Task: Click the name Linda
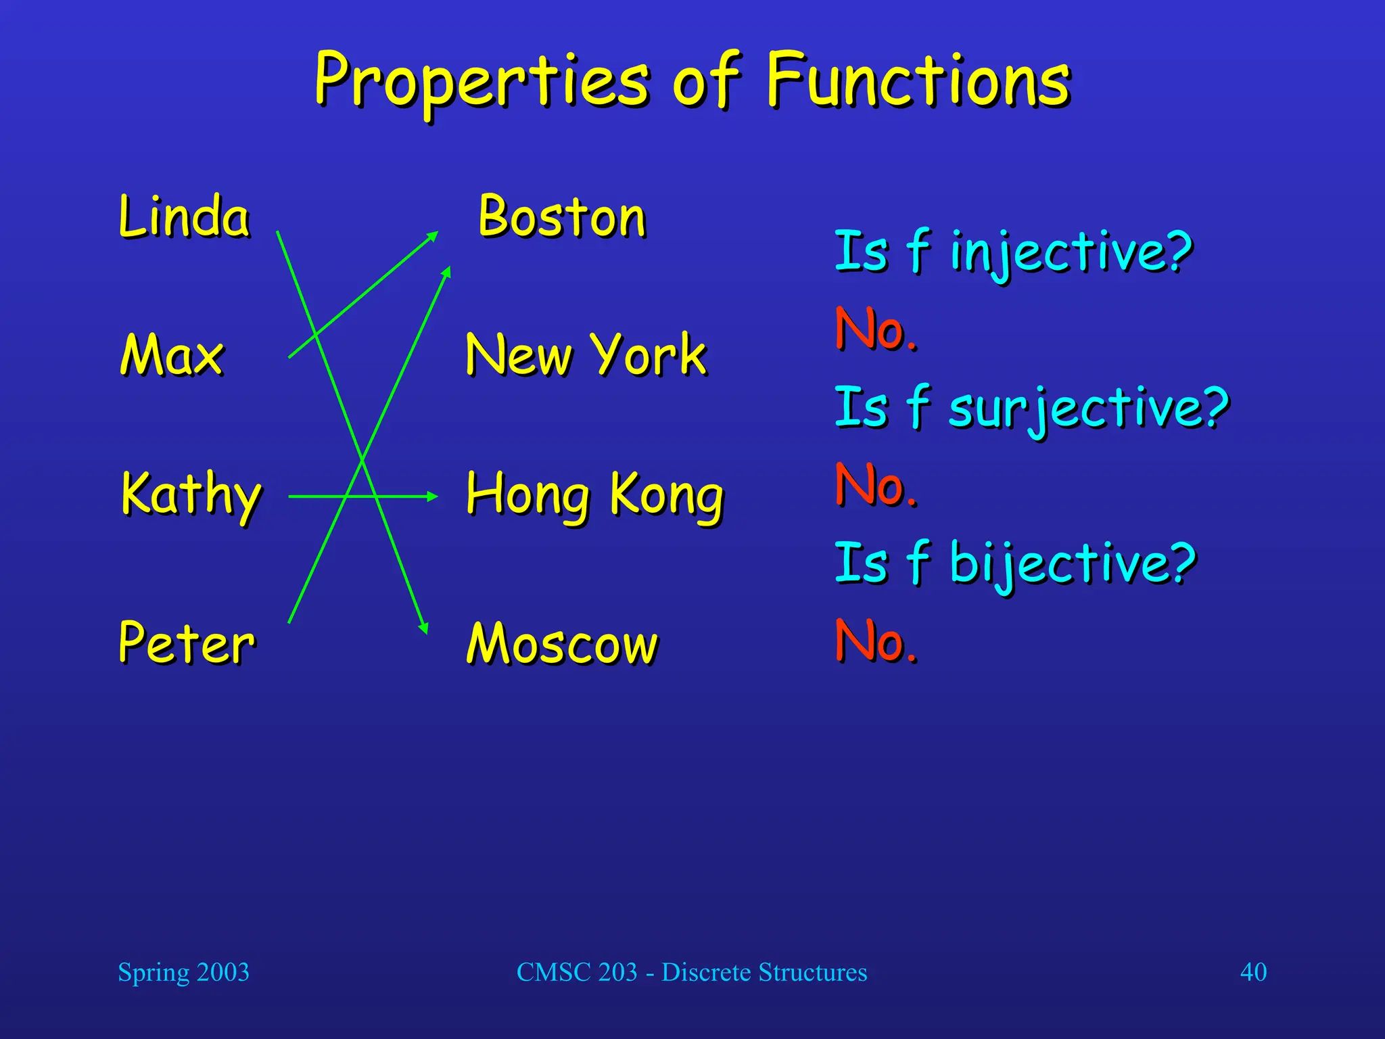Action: click(184, 216)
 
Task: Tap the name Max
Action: click(172, 354)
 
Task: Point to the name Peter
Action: click(187, 642)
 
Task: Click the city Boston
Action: click(562, 216)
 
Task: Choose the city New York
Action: click(586, 354)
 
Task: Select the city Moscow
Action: click(562, 643)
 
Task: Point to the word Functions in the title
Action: click(918, 81)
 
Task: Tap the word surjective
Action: click(1089, 409)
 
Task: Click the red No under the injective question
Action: click(876, 330)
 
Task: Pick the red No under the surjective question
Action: click(876, 485)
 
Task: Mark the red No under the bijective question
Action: click(876, 641)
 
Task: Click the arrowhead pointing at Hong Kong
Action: click(432, 497)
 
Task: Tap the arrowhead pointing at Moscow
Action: click(424, 628)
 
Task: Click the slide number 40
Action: click(1253, 972)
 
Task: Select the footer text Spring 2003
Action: click(183, 972)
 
